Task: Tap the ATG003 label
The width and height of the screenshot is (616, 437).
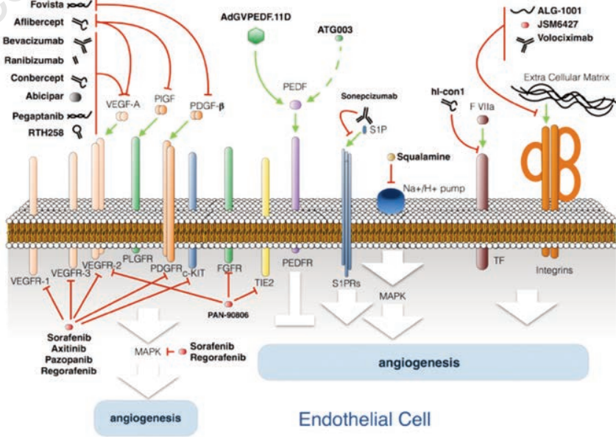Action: click(333, 29)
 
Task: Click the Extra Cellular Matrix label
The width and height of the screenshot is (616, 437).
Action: click(567, 77)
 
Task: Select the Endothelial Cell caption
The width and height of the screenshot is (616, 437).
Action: click(364, 419)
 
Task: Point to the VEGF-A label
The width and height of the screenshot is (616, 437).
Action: click(123, 103)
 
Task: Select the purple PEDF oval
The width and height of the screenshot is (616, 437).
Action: click(295, 106)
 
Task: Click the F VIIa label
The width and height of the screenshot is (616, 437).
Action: click(482, 106)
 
